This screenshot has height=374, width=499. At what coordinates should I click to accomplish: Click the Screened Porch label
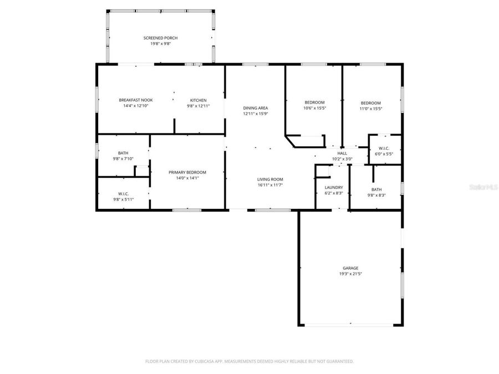pos(160,38)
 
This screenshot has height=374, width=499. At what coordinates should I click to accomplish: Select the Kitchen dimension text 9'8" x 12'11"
pos(198,106)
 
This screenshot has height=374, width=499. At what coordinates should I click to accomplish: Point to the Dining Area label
pos(255,108)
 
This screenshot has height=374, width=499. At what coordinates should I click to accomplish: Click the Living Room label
pos(270,179)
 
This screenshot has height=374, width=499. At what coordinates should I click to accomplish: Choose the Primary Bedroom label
pos(187,172)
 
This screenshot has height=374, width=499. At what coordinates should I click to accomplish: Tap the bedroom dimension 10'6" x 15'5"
pos(314,108)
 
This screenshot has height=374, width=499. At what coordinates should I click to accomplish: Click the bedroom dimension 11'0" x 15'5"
pos(371,109)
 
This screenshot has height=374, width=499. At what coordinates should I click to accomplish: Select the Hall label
pos(342,153)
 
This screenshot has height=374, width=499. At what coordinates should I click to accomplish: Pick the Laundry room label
pos(333,187)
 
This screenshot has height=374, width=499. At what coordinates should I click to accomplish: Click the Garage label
pos(350,268)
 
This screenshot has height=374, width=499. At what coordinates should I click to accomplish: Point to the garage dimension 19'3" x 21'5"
pos(350,274)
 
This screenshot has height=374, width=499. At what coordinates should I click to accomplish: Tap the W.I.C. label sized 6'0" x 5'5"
pos(384,148)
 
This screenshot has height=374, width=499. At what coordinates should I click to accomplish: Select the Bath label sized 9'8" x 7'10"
pos(123,153)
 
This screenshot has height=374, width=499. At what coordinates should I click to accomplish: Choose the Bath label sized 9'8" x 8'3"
pos(376,189)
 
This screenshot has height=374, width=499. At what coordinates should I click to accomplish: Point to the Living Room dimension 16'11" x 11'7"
pos(270,185)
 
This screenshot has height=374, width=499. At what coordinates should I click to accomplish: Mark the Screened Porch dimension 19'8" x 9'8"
pos(160,43)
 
